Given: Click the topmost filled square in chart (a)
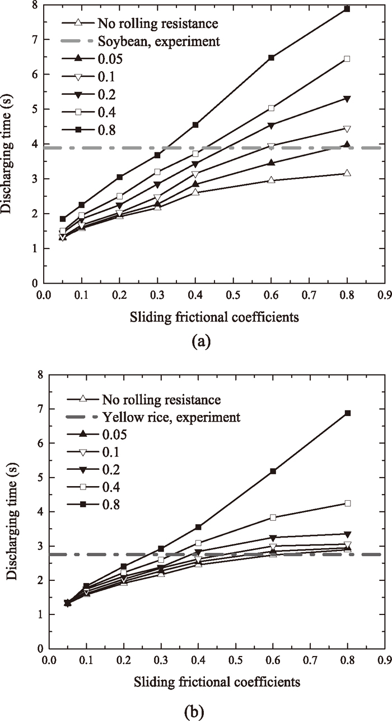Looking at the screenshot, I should [347, 9].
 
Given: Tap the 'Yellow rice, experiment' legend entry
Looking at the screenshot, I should [171, 417].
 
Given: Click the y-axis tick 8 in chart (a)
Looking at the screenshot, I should [34, 5].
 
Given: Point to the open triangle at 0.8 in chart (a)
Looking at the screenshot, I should [347, 173].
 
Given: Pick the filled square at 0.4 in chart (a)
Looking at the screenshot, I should [196, 124].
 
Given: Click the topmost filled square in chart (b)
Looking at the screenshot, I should [347, 413].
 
